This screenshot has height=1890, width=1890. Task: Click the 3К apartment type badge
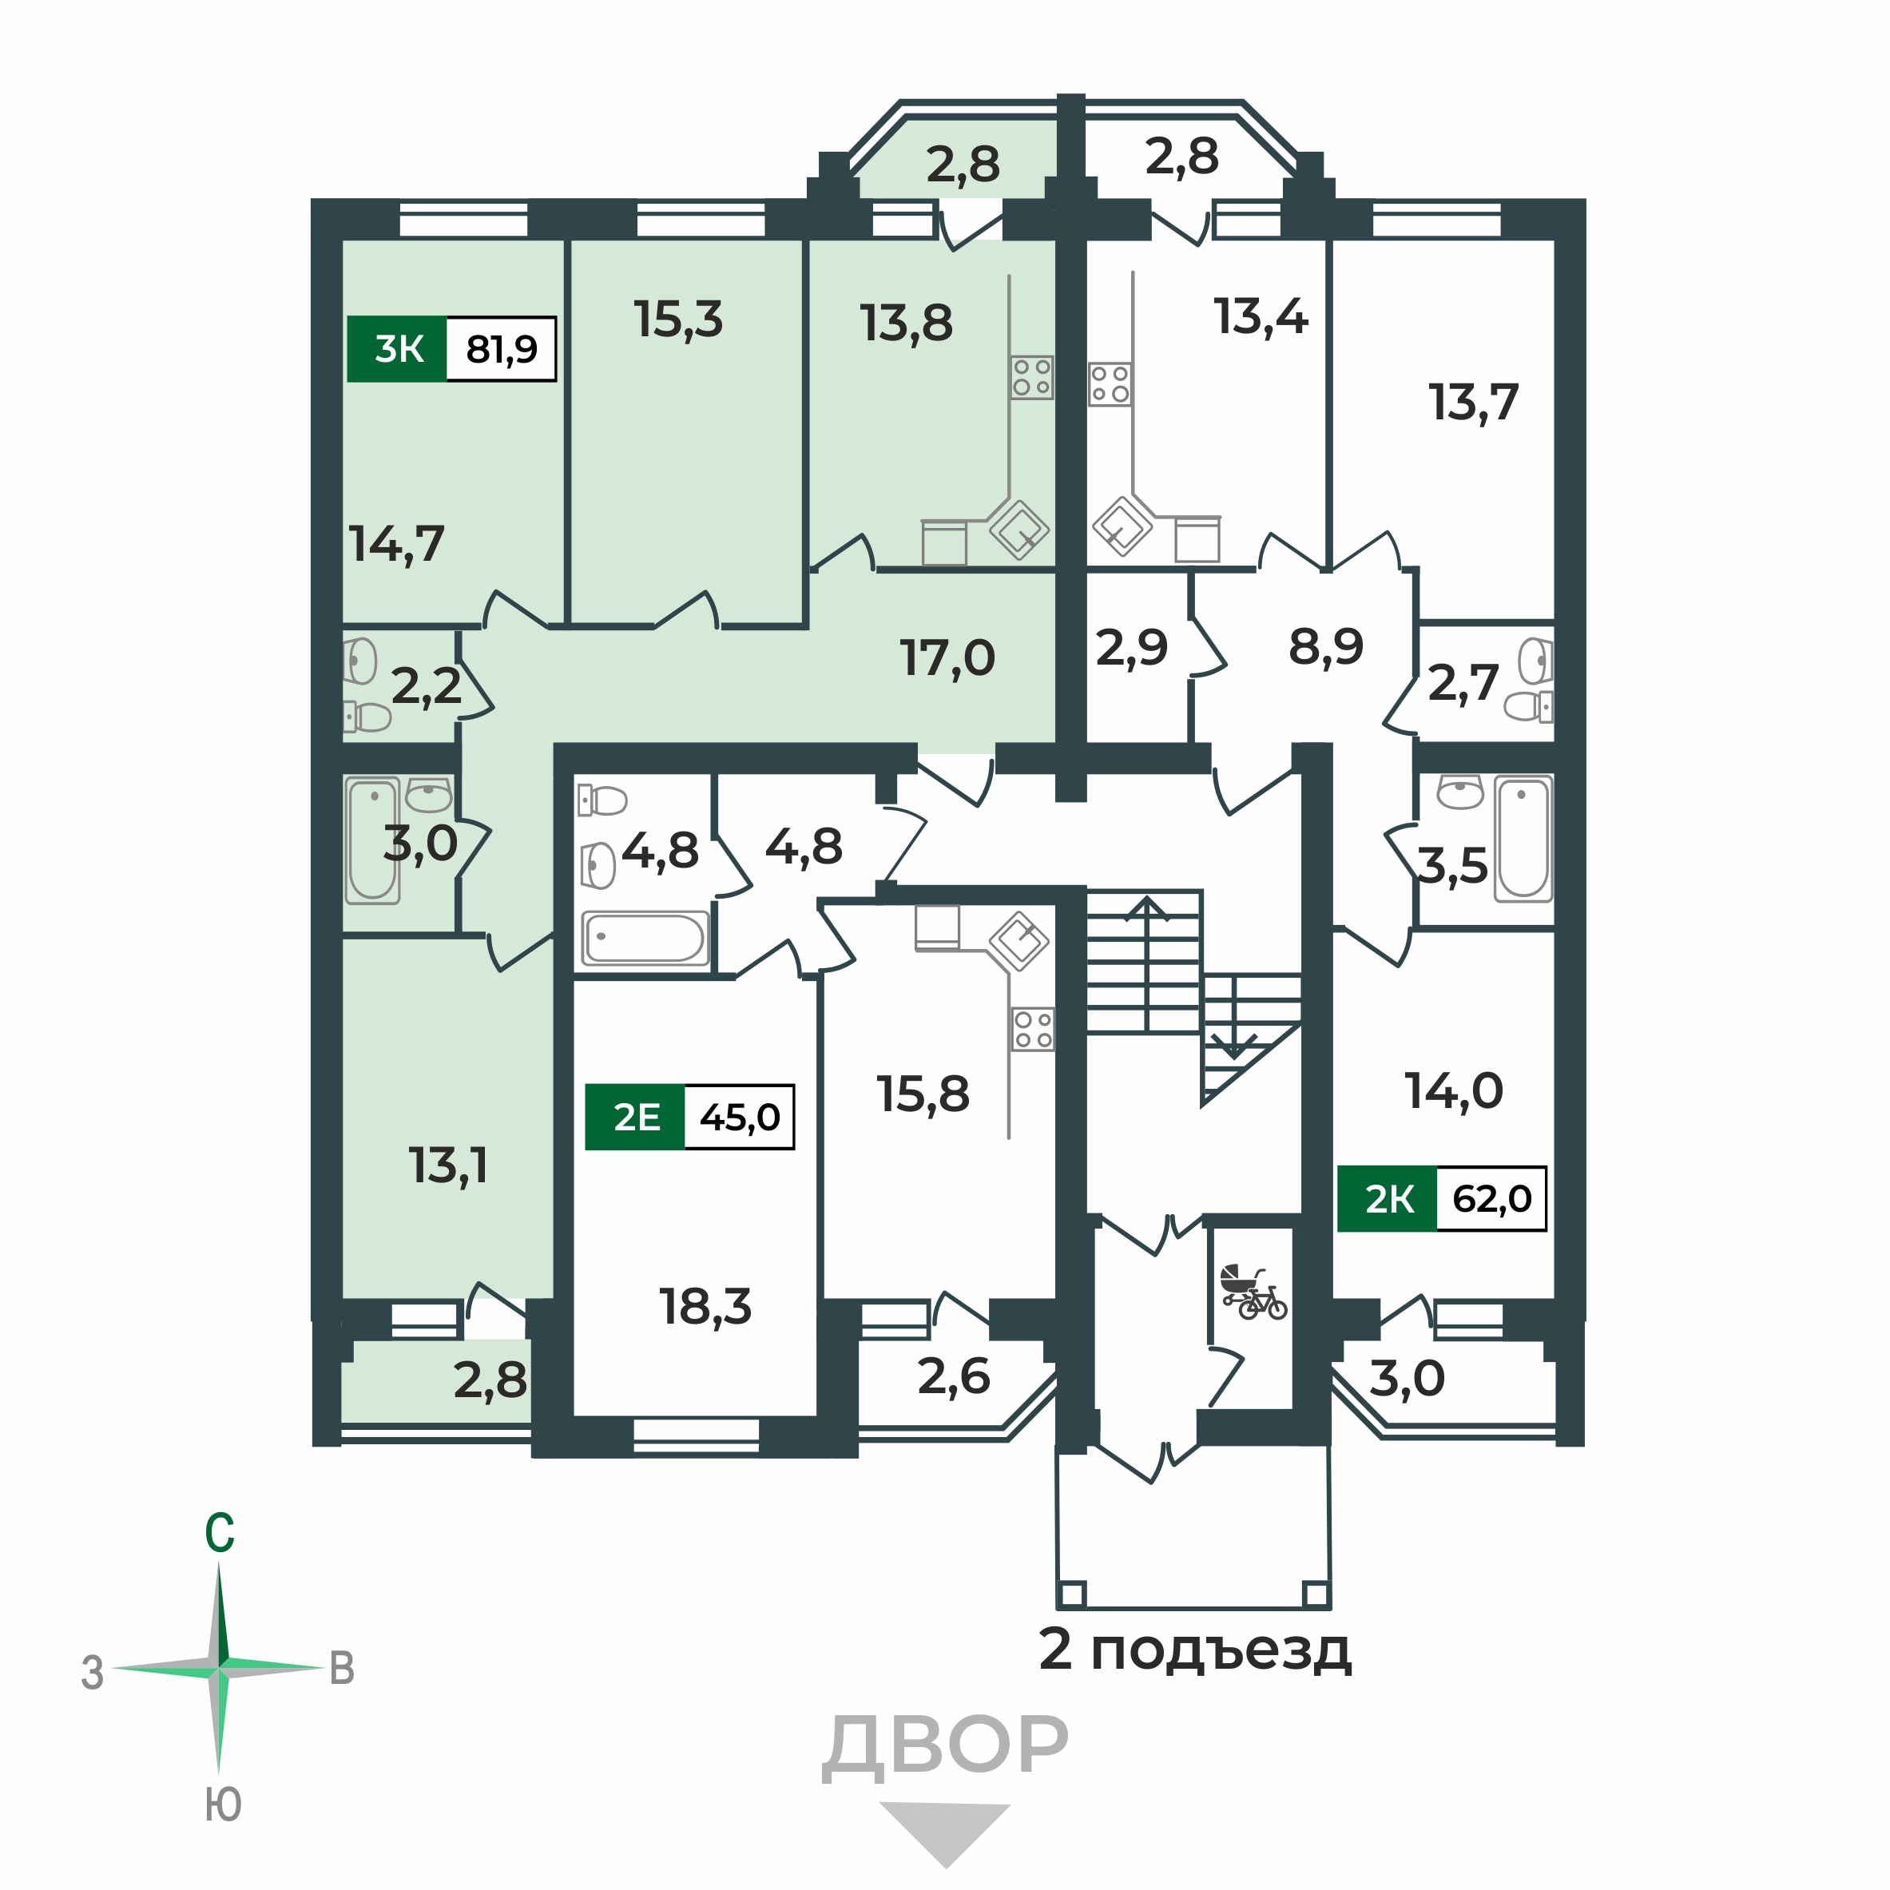[397, 349]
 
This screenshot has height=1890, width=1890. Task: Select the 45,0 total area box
[740, 1118]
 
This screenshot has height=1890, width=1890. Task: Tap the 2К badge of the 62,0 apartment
[1388, 1199]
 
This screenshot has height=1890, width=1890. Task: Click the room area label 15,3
[678, 320]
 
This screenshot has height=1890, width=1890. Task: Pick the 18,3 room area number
[705, 1307]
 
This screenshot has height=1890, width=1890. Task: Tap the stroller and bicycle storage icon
[1253, 1292]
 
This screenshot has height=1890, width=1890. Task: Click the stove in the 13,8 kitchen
[1032, 376]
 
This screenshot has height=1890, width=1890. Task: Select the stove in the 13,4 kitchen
[1110, 384]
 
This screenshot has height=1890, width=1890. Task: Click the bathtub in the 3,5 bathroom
[1523, 839]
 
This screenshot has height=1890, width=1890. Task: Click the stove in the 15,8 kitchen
[1033, 1029]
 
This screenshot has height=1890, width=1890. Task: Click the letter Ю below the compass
[223, 1805]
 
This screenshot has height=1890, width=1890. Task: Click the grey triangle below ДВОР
[945, 1825]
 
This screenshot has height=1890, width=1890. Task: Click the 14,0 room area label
[1454, 1090]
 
